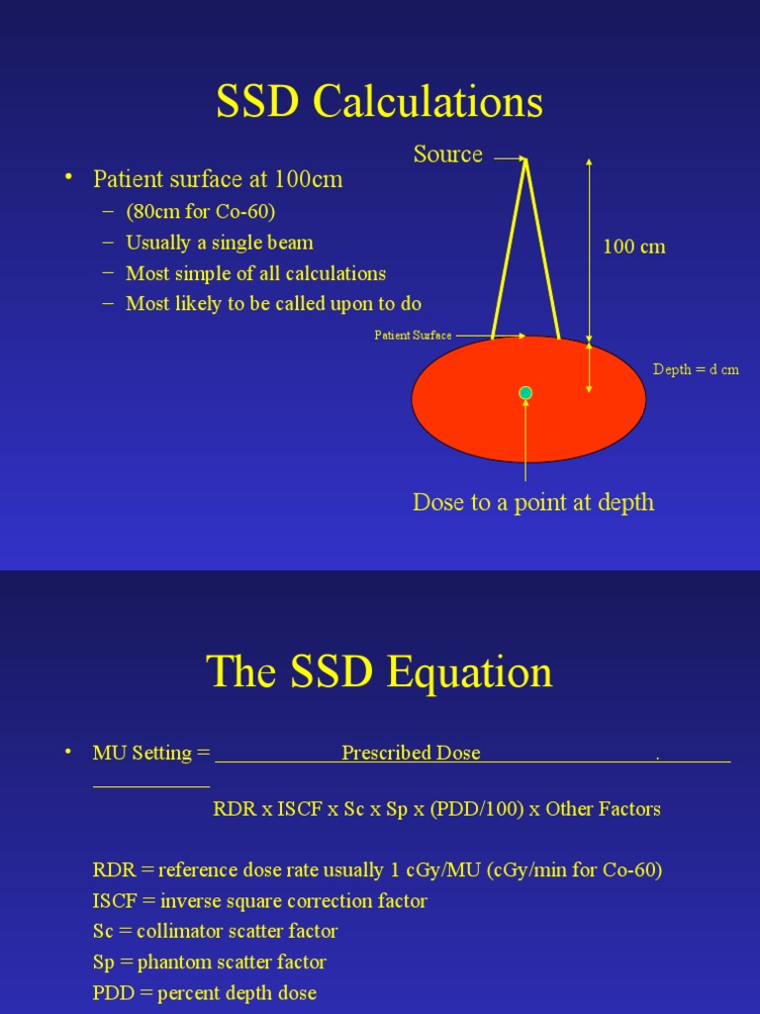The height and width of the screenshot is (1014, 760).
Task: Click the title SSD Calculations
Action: [x=380, y=102]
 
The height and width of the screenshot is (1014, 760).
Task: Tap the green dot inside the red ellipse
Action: [x=525, y=393]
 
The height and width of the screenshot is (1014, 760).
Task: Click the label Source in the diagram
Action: [x=447, y=154]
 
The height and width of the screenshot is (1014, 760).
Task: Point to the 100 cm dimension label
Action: [x=634, y=247]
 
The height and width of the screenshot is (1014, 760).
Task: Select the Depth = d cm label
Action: [x=696, y=369]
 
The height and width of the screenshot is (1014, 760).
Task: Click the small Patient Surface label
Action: [x=413, y=336]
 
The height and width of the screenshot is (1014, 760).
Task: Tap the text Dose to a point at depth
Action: [x=533, y=502]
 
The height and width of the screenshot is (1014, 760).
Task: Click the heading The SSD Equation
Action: [x=380, y=672]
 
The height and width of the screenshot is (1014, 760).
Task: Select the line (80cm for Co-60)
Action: [x=200, y=212]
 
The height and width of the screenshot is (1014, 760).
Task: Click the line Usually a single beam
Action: [x=219, y=243]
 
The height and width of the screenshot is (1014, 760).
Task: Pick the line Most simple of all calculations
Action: [x=255, y=273]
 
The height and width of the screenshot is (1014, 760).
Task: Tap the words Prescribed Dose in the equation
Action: [x=411, y=753]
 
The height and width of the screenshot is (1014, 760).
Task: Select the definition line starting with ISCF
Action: [x=259, y=901]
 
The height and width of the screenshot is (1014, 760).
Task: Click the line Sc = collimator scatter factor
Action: [x=215, y=932]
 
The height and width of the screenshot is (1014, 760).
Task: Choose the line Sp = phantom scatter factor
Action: [x=209, y=963]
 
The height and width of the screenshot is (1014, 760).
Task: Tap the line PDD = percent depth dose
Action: [x=204, y=993]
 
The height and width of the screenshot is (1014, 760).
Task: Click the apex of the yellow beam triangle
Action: [x=525, y=159]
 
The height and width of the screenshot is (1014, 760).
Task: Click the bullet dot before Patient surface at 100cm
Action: [x=69, y=177]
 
